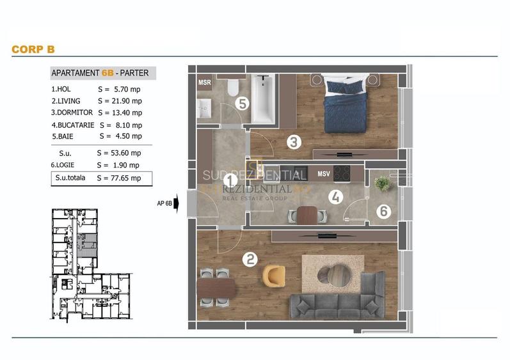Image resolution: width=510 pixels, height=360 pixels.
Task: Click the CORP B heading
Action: (33, 49)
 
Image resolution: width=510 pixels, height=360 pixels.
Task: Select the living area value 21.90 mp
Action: (120, 101)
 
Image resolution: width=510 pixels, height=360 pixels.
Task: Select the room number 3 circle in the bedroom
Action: (294, 142)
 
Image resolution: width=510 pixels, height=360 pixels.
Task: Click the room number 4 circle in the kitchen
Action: (335, 197)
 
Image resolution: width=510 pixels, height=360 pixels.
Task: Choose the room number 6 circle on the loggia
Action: (383, 211)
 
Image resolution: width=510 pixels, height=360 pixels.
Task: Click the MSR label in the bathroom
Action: (205, 83)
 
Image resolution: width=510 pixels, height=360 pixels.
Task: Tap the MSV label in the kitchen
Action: (324, 174)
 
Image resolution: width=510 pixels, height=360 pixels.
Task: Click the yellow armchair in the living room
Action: (275, 276)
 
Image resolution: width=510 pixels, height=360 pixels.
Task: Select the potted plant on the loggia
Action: (383, 184)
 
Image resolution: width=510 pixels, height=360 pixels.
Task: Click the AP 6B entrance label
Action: (165, 205)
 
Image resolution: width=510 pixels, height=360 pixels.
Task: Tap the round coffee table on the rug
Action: (333, 276)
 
